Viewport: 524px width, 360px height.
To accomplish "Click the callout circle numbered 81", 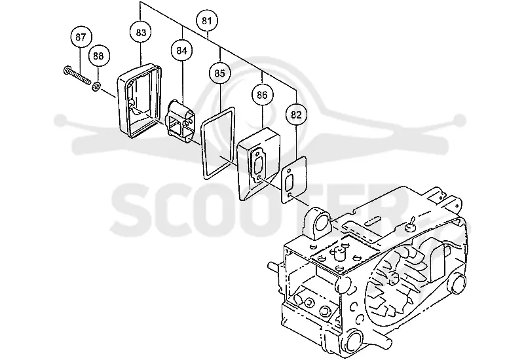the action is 207,21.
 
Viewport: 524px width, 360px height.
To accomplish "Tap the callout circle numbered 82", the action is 296,115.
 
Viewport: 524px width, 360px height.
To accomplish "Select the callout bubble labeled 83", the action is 141,33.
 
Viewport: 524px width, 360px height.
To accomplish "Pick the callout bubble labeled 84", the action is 181,51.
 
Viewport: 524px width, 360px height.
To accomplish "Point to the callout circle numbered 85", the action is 219,73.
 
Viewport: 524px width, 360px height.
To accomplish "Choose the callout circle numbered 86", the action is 262,95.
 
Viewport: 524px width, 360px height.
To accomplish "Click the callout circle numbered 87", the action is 81,37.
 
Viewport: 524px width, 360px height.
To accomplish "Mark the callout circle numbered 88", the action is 98,56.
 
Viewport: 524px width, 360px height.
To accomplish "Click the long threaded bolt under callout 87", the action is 77,76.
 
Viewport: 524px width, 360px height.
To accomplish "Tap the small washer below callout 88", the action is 95,88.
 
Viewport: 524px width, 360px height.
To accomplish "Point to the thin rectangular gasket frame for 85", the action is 202,147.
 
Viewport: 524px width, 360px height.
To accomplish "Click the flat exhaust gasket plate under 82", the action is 294,179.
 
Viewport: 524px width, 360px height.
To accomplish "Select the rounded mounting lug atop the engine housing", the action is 318,223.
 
